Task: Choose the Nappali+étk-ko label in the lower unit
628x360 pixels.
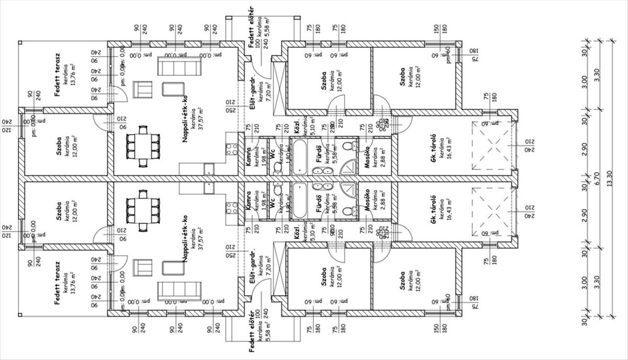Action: click(186, 238)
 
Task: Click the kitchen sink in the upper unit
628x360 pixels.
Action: click(209, 168)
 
